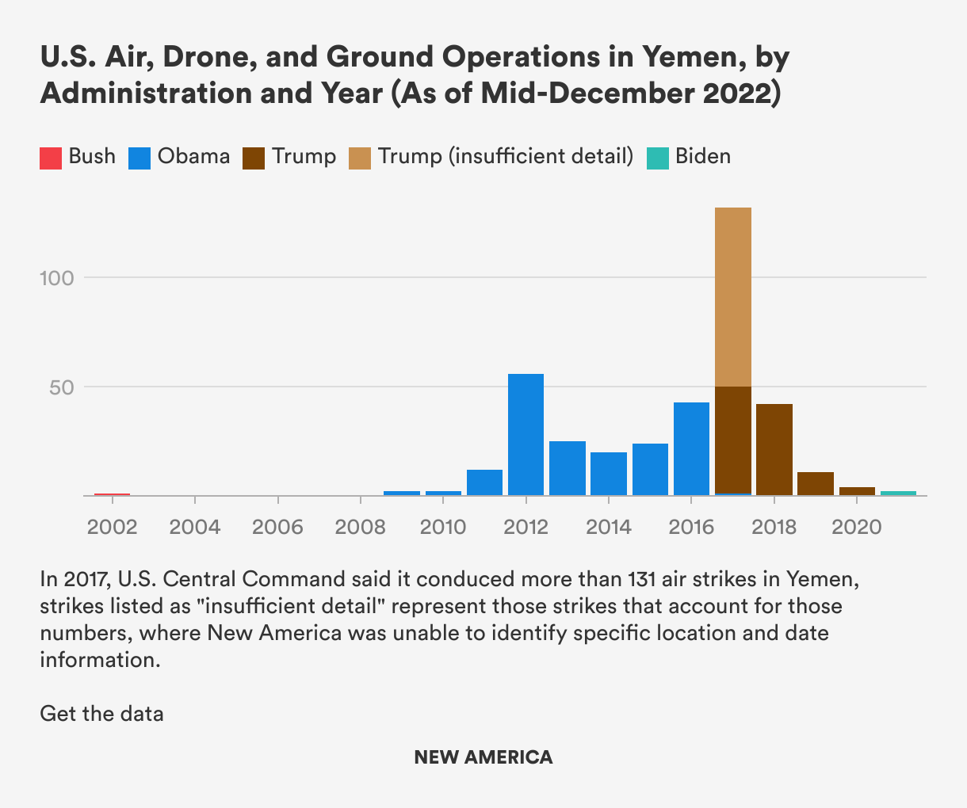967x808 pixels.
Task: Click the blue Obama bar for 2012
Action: (x=526, y=434)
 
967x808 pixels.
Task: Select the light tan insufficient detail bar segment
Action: (x=732, y=297)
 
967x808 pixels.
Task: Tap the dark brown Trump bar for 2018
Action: (x=774, y=449)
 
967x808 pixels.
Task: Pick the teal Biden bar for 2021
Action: (x=898, y=493)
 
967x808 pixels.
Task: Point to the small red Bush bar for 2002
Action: (x=112, y=494)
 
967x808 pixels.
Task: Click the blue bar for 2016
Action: (x=691, y=448)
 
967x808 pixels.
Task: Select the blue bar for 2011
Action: (x=484, y=482)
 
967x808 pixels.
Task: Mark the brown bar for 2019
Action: (x=815, y=483)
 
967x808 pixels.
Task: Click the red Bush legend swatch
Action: (x=51, y=158)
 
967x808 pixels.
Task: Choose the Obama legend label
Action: (x=193, y=156)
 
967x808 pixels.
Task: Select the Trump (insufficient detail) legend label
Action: (x=506, y=156)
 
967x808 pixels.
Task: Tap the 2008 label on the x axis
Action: (x=361, y=527)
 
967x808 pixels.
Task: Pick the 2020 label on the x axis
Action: (x=856, y=527)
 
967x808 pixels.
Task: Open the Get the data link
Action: (x=101, y=713)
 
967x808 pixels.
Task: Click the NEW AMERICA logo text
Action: (x=483, y=757)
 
